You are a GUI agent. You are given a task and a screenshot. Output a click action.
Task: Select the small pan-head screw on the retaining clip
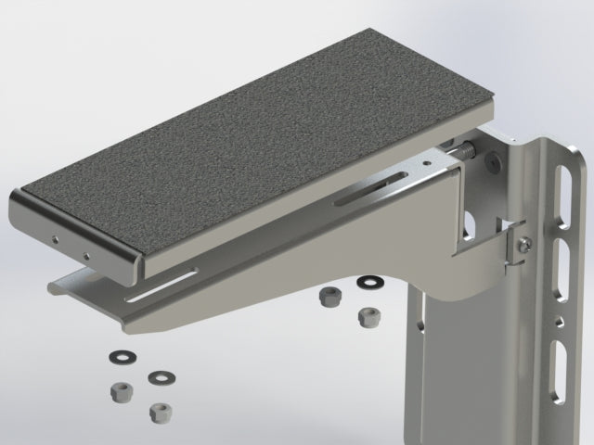(x=525, y=244)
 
